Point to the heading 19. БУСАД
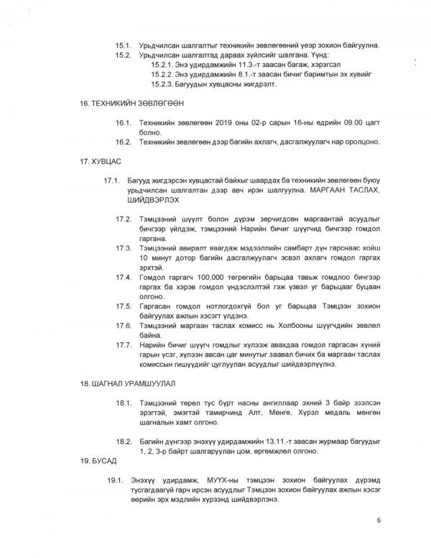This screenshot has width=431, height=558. pos(94,458)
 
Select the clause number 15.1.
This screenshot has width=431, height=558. pos(124,44)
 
